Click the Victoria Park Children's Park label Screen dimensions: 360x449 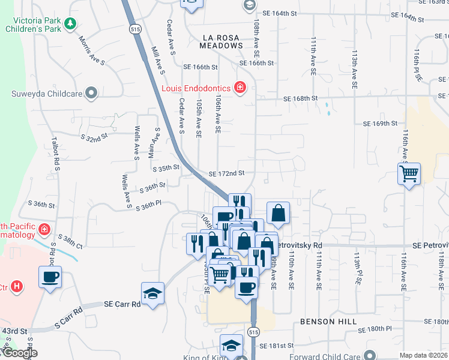[x=35, y=23]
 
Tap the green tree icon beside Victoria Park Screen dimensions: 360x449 [x=71, y=23]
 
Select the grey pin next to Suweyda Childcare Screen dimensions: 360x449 [x=91, y=93]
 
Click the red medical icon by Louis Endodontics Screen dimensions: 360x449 [x=240, y=88]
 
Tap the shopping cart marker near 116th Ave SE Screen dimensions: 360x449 [x=409, y=174]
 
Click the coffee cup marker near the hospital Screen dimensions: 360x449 [x=50, y=277]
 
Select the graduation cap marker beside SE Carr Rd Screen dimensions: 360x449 [x=152, y=293]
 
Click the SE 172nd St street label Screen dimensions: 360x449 [x=226, y=173]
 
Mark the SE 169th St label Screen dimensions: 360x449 [x=380, y=124]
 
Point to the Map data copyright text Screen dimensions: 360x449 [x=424, y=355]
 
